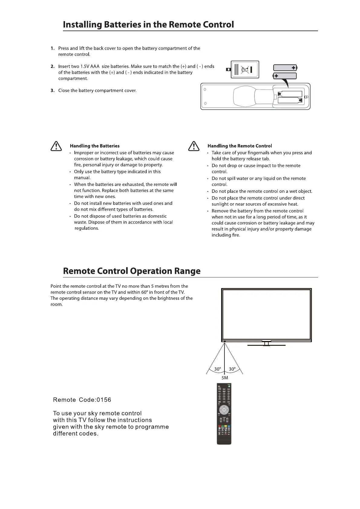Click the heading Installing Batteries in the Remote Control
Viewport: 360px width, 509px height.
click(x=148, y=24)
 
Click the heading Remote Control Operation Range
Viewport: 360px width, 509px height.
click(x=132, y=271)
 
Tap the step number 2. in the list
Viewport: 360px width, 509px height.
click(x=53, y=66)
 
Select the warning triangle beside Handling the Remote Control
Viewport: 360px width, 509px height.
click(x=193, y=146)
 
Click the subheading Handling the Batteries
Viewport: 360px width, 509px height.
click(x=95, y=146)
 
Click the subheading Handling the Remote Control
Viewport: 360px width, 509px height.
click(x=240, y=146)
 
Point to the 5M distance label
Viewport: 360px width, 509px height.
click(x=224, y=378)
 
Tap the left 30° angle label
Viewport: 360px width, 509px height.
click(x=218, y=369)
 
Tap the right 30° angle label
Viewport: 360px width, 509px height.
click(x=232, y=369)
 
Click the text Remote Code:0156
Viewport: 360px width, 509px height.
click(x=82, y=400)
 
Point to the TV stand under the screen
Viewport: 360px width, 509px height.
click(x=266, y=344)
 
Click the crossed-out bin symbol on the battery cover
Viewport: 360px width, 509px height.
click(x=245, y=70)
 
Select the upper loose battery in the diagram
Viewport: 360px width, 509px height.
click(x=285, y=68)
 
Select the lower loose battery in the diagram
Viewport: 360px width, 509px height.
click(x=285, y=76)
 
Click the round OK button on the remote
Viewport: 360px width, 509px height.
click(x=224, y=410)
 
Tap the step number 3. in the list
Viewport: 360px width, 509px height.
click(x=53, y=91)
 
